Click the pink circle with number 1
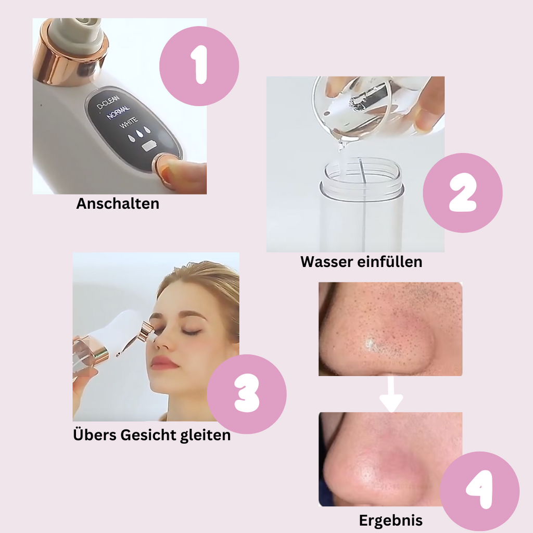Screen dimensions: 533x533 [x=199, y=66]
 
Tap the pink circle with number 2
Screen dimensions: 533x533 [x=463, y=193]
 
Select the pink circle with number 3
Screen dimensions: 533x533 [x=247, y=394]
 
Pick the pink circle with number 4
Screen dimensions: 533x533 [x=479, y=491]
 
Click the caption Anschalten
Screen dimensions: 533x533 [x=118, y=204]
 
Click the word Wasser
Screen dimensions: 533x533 [x=323, y=262]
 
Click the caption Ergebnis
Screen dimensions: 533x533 [x=391, y=521]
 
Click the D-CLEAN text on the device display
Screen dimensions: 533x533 [x=108, y=102]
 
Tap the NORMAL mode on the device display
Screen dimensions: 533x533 [x=118, y=113]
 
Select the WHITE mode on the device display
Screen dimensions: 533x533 [x=129, y=123]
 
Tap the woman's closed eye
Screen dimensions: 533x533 [x=192, y=332]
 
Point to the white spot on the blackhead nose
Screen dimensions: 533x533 [x=371, y=344]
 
